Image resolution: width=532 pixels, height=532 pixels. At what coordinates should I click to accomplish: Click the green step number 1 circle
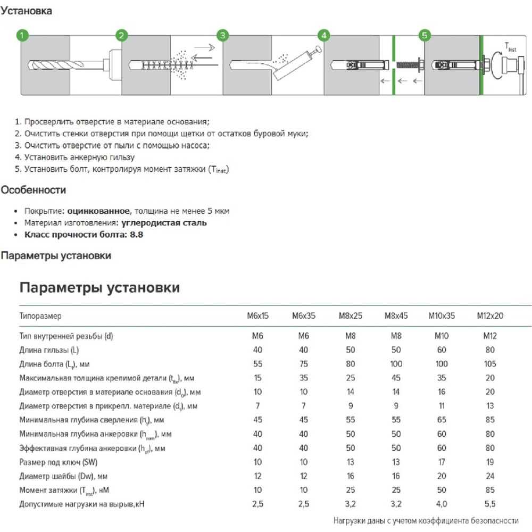coord(22,36)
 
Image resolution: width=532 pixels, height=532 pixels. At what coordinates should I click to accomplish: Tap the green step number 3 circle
coord(223,36)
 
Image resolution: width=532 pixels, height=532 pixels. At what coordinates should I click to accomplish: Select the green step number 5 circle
coord(424,36)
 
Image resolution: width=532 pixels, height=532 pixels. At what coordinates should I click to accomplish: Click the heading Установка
coord(26,11)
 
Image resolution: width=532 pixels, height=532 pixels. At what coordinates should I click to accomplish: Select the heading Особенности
coord(33,190)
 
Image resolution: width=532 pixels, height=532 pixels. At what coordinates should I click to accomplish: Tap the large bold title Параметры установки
coord(99,288)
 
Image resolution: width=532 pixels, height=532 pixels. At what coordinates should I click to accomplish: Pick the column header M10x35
coord(442,316)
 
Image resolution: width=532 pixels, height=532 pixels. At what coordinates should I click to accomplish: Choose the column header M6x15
coord(258,316)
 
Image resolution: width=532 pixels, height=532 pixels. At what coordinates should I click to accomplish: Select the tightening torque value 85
coord(490,489)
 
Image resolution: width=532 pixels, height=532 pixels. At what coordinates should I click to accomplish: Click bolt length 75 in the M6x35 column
coord(304,364)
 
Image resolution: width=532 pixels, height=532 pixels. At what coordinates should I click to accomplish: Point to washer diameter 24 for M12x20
coord(490,476)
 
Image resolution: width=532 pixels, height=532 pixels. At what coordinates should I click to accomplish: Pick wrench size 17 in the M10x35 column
coord(442,461)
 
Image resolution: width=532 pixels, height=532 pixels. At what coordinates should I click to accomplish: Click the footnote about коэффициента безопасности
coord(426,520)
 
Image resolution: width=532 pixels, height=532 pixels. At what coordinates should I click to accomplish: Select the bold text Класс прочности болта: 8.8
coord(84,234)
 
